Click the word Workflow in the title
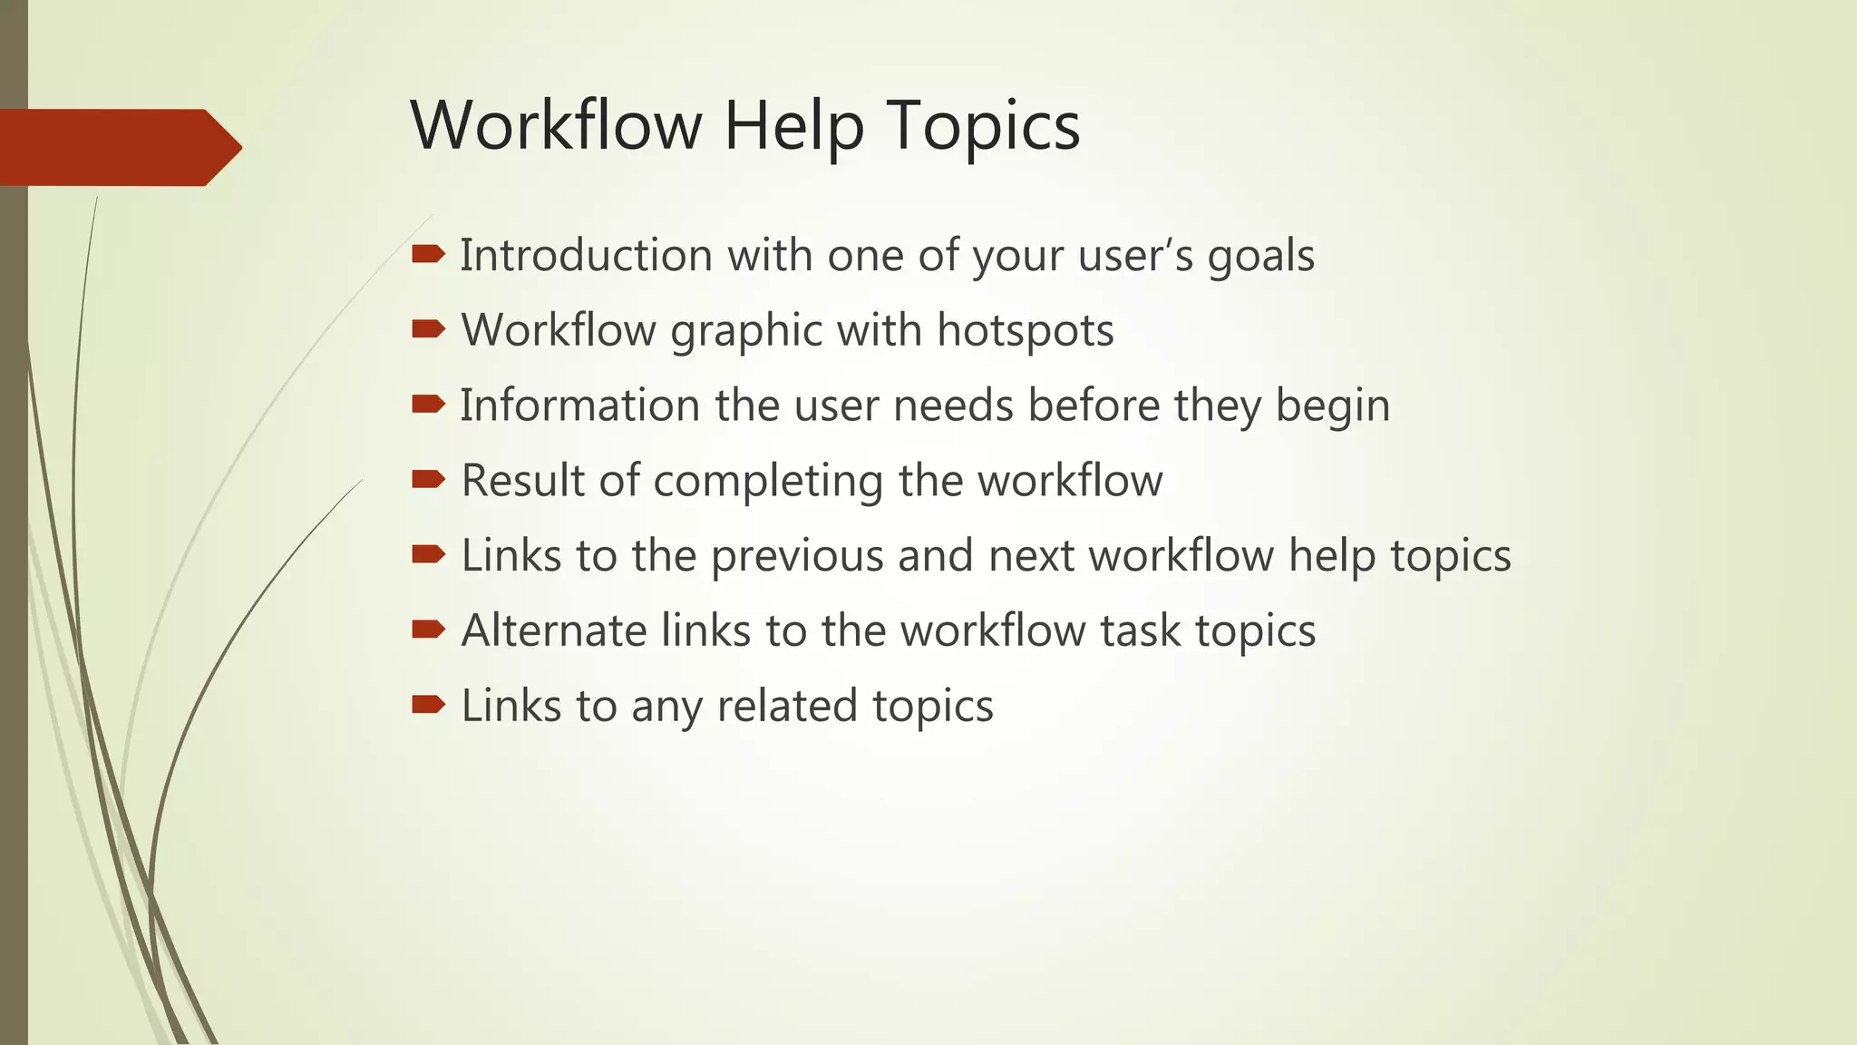556,125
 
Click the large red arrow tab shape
118,147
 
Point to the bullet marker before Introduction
428,254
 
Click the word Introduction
586,255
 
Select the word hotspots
1025,331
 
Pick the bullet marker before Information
428,404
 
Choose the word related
786,706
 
